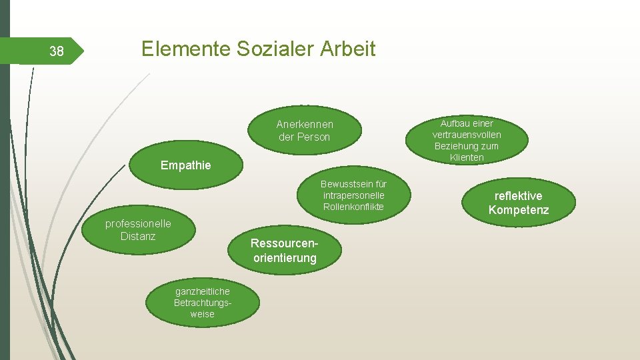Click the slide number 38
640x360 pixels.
(57, 51)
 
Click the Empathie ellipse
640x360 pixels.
(185, 165)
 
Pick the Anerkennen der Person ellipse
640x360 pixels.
(305, 130)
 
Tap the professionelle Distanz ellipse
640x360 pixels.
(139, 230)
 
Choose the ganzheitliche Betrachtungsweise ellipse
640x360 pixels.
(203, 303)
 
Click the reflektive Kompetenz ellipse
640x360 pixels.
(518, 203)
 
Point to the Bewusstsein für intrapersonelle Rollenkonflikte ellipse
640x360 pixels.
(353, 195)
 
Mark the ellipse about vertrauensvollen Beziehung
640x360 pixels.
(467, 140)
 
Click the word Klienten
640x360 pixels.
(467, 158)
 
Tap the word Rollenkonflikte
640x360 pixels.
(353, 207)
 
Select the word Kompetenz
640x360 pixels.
(519, 211)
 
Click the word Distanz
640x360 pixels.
(138, 236)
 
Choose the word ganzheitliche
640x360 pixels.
(203, 291)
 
